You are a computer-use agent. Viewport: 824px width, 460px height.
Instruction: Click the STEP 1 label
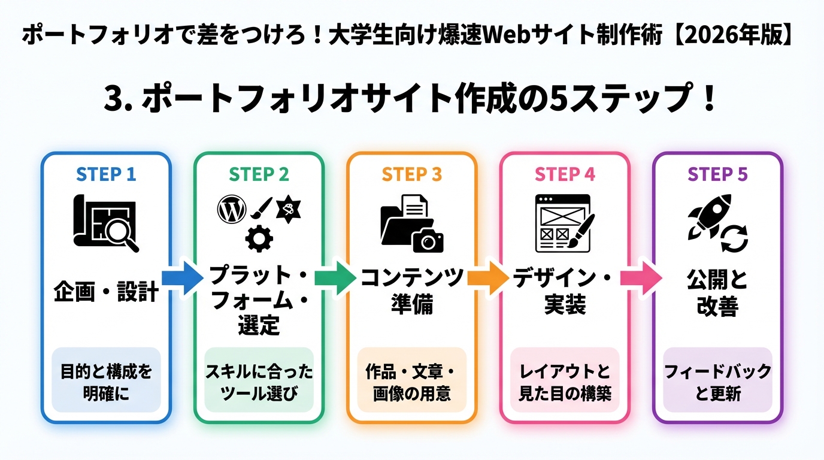point(106,174)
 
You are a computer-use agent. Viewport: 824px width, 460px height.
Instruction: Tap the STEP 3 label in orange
point(412,174)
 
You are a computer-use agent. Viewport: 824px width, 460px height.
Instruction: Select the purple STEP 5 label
point(717,174)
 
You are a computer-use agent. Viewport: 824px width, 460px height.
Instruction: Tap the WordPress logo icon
point(232,210)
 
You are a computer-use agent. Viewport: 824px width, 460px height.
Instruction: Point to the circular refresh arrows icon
point(734,240)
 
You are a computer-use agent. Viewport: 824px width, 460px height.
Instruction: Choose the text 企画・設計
point(106,293)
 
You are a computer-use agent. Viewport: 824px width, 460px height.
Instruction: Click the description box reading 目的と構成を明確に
point(106,382)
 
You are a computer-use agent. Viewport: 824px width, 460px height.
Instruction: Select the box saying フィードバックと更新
point(717,382)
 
